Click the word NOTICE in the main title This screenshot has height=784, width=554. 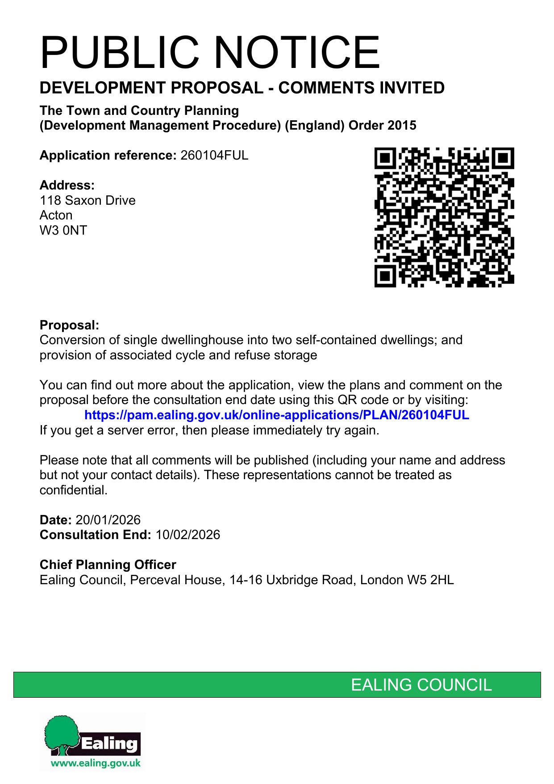click(x=298, y=53)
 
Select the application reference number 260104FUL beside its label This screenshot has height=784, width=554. click(x=214, y=156)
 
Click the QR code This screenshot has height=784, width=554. click(x=444, y=217)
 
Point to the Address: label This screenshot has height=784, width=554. click(x=67, y=185)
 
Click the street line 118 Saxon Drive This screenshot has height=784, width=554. click(x=87, y=200)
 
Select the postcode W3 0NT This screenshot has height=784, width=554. click(x=63, y=230)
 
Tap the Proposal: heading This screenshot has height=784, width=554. click(x=69, y=325)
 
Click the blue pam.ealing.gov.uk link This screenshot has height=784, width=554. click(x=276, y=415)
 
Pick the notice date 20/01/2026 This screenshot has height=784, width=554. click(x=108, y=520)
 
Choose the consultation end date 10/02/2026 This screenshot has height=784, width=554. click(x=187, y=535)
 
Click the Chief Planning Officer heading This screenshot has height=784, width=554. click(x=108, y=565)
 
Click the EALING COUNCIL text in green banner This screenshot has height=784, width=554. click(x=421, y=685)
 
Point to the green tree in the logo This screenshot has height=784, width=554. click(x=62, y=733)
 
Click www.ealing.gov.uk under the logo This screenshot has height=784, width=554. click(x=96, y=763)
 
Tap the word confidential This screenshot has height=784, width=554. click(x=73, y=490)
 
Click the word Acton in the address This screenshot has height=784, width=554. click(x=56, y=215)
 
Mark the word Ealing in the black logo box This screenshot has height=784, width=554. click(x=109, y=743)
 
